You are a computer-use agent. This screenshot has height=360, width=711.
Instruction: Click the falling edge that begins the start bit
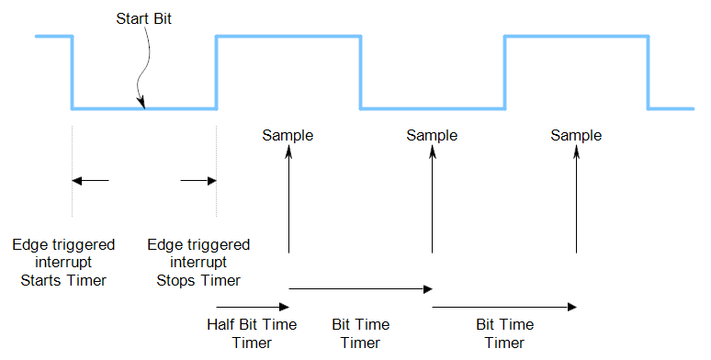(72, 73)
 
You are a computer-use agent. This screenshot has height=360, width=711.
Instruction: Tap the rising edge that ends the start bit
(216, 73)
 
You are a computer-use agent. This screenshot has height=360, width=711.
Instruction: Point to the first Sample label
(288, 135)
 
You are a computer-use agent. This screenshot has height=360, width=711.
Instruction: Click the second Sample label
(432, 135)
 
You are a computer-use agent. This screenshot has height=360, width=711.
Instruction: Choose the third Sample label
(576, 135)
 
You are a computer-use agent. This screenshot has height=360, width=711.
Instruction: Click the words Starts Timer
(63, 280)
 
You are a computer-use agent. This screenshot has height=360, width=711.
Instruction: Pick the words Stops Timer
(198, 280)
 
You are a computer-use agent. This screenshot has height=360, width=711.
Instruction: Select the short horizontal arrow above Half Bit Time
(253, 307)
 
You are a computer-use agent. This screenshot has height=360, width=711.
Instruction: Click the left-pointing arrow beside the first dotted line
(91, 181)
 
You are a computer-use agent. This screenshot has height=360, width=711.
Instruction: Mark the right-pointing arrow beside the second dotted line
(197, 181)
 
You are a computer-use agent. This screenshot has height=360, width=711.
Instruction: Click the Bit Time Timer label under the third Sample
(504, 333)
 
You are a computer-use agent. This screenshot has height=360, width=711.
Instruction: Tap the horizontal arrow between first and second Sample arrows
(360, 289)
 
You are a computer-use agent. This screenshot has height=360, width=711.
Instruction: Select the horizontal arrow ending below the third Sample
(504, 307)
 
